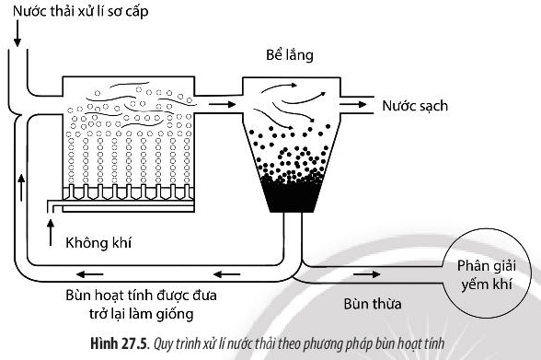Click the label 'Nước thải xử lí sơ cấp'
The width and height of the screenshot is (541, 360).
click(x=75, y=12)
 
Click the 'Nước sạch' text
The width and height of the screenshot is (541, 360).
click(x=415, y=105)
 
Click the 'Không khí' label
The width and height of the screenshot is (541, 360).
click(x=96, y=245)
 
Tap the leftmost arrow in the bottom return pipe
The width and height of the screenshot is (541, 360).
click(x=90, y=273)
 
